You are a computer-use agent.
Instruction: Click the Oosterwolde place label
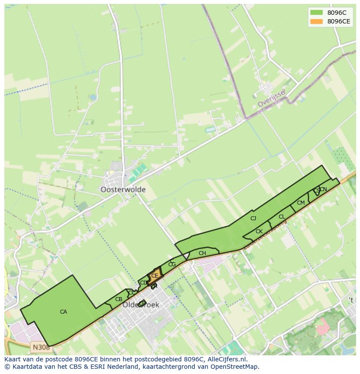[123, 190]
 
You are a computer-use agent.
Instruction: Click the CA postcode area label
[63, 312]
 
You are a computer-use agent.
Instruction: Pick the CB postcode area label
[119, 299]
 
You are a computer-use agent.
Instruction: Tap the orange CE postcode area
[155, 276]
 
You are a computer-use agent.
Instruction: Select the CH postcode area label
[202, 253]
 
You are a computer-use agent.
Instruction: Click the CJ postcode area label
[253, 218]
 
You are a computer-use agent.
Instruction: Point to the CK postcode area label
[259, 232]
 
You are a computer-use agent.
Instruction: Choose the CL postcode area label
[282, 217]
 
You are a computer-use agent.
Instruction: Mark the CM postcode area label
[301, 203]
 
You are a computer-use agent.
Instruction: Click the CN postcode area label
[323, 189]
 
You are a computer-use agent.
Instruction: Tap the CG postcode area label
[172, 265]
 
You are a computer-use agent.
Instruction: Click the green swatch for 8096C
[316, 13]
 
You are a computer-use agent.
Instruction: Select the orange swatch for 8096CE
[316, 21]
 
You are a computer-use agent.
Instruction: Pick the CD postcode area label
[143, 283]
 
